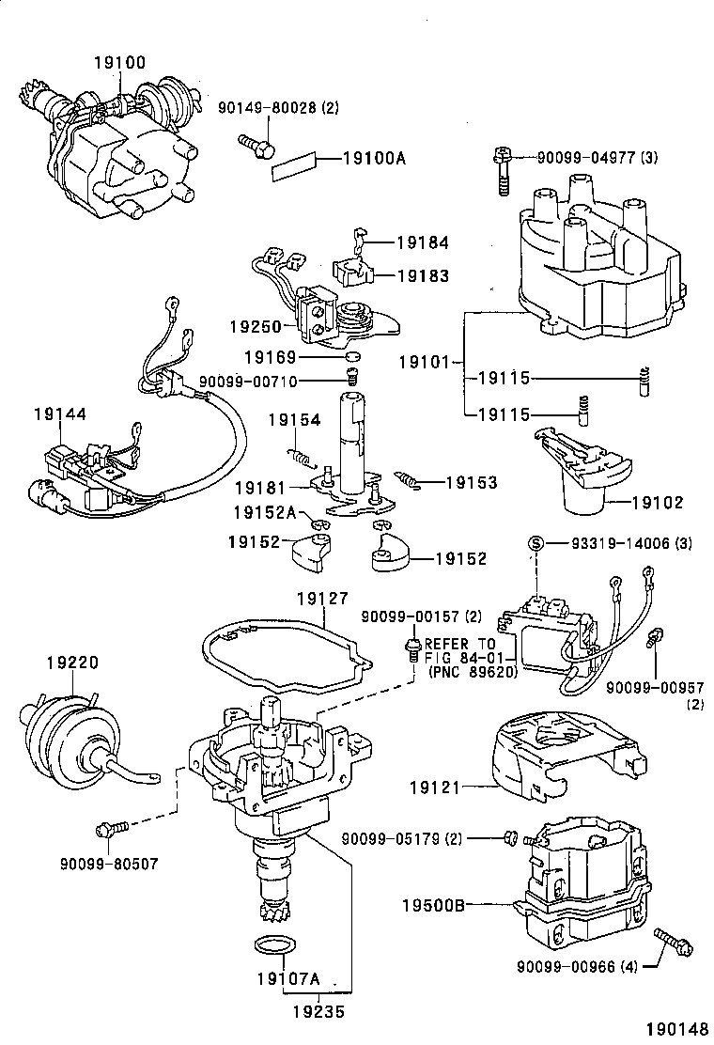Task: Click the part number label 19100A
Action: pos(373,159)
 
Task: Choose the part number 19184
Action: pos(422,242)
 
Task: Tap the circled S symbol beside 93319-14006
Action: pos(535,543)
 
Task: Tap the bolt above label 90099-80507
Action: pos(108,829)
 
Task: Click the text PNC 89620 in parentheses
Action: pos(466,673)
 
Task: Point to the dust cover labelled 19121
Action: pos(550,751)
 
